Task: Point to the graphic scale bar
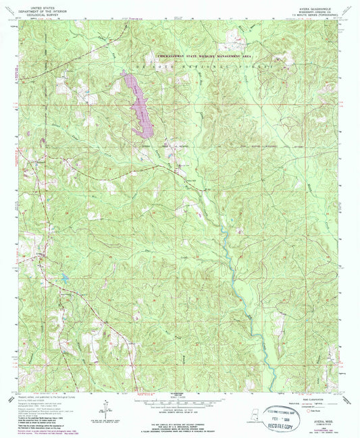pos(180,400)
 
